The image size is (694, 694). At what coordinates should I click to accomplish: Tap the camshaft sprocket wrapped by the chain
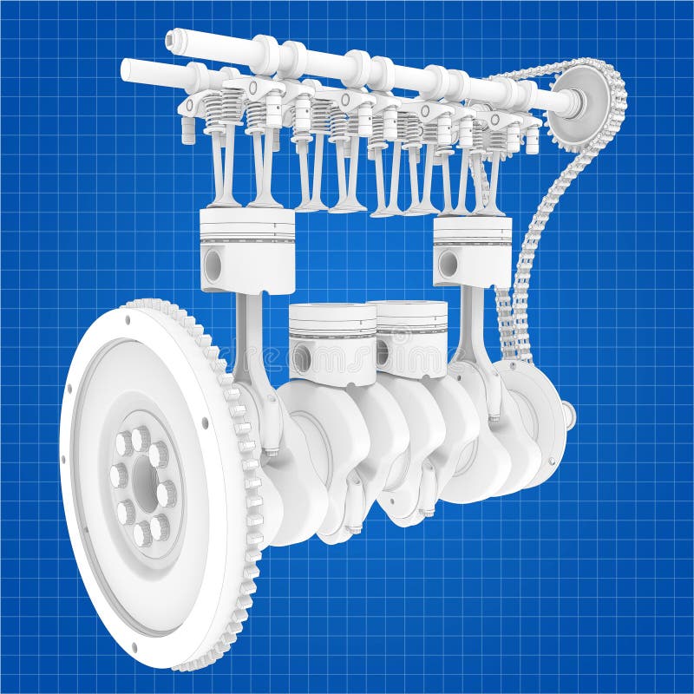coord(576,107)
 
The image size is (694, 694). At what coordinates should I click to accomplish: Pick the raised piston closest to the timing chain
coord(472,251)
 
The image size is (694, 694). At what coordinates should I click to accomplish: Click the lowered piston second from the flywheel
coord(331,342)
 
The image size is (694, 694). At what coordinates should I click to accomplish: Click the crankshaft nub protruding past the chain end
coord(569,415)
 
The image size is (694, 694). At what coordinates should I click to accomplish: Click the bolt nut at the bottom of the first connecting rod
coord(272,451)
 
